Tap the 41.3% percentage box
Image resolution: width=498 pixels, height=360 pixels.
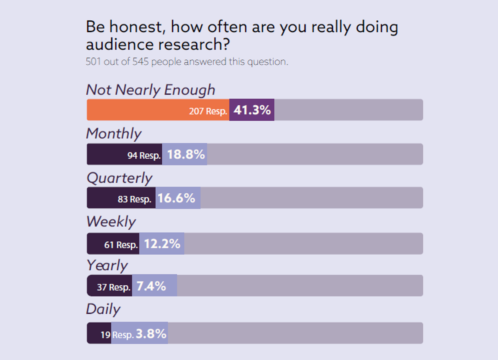252,110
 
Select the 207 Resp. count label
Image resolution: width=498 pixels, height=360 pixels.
208,111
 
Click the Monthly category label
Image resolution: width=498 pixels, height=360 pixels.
114,134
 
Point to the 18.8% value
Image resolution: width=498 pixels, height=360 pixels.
186,154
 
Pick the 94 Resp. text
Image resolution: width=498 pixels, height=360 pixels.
144,156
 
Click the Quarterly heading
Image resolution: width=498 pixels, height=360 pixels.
120,178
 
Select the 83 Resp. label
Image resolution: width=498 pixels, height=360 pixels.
134,199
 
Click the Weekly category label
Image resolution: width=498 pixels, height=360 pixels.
111,221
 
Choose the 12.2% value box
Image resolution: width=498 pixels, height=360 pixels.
162,244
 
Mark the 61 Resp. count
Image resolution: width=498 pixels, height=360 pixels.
120,245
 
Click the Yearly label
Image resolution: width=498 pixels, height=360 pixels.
107,265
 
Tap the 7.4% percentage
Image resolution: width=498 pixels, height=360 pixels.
151,286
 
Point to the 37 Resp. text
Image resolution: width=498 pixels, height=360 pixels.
113,287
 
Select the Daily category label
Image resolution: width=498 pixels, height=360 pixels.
103,309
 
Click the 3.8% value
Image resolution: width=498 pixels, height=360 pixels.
151,333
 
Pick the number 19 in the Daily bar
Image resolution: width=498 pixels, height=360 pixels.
105,334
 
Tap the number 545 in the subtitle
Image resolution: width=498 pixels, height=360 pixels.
142,62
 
